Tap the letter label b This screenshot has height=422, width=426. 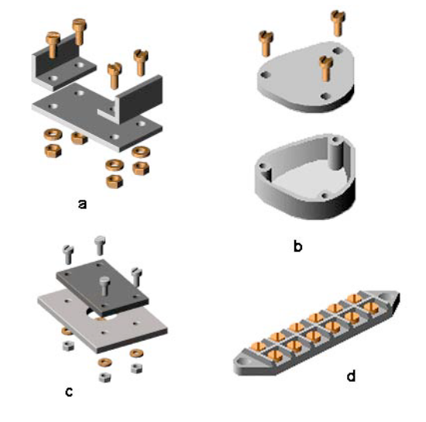(297, 248)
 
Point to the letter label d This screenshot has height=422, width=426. (351, 376)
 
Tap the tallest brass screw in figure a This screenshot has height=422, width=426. (80, 33)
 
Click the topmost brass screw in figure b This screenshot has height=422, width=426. (338, 22)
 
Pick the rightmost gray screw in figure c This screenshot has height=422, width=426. (136, 276)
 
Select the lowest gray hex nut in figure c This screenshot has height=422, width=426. (105, 376)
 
